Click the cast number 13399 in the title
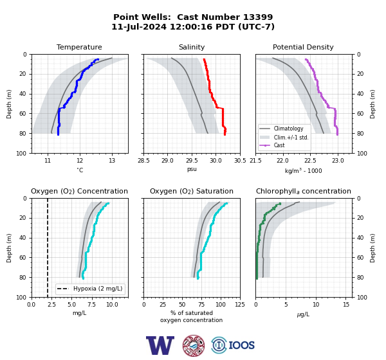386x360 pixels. pos(258,17)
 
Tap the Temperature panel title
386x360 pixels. pos(79,47)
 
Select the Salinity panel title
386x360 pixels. pos(192,47)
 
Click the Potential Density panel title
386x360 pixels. pos(303,47)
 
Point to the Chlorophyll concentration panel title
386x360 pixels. pos(304,191)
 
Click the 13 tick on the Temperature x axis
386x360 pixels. pos(112,161)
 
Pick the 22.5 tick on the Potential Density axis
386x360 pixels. pos(310,161)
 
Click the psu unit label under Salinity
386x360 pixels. pos(192,169)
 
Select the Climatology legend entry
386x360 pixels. pos(288,129)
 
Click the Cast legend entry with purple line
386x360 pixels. pos(279,145)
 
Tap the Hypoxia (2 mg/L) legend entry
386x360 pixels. pos(98,289)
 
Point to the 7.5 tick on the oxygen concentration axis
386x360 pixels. pos(92,305)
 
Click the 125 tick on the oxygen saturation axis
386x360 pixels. pos(240,305)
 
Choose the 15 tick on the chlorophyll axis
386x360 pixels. pos(346,305)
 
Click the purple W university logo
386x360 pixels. pos(160,345)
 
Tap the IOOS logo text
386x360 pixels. pos(241,345)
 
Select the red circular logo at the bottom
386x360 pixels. pos(194,345)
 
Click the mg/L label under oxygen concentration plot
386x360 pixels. pos(79,313)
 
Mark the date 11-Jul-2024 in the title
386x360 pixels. pos(139,26)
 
